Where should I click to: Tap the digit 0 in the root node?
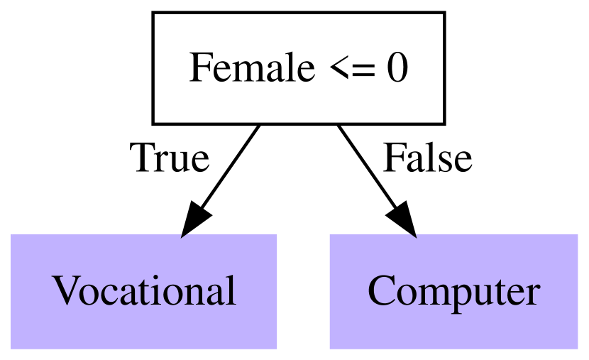pyautogui.click(x=397, y=69)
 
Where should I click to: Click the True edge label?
pyautogui.click(x=169, y=158)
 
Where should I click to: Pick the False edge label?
pyautogui.click(x=427, y=158)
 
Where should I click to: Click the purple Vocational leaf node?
pyautogui.click(x=143, y=291)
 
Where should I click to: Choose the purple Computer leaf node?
pyautogui.click(x=454, y=291)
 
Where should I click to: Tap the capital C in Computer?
pyautogui.click(x=380, y=290)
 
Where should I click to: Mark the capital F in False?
pyautogui.click(x=392, y=158)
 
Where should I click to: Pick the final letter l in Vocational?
pyautogui.click(x=231, y=290)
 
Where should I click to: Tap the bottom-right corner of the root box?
pyautogui.click(x=444, y=122)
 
